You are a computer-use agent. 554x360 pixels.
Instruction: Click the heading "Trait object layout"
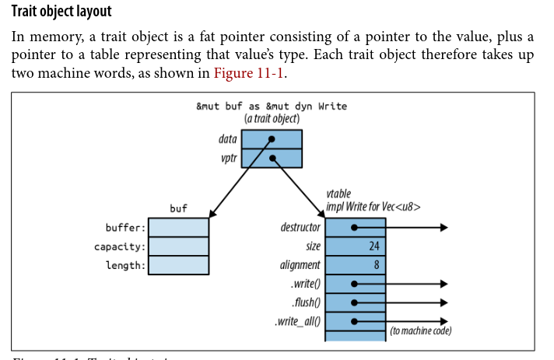point(61,12)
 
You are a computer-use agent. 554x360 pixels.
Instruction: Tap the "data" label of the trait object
point(228,139)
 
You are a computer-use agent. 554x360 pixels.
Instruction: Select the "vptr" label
point(229,158)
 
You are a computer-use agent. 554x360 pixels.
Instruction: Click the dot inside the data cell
point(272,140)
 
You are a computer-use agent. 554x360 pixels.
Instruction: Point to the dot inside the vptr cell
point(272,159)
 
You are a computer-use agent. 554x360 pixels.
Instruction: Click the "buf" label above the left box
point(178,208)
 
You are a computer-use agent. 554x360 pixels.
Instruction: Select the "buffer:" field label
point(125,228)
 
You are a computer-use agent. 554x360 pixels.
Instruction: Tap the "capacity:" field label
point(120,246)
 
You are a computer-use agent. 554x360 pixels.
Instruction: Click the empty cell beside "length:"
point(178,266)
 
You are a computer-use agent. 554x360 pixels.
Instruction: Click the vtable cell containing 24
point(355,246)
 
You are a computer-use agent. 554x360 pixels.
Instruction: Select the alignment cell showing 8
point(355,265)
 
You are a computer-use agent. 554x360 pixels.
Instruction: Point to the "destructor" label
point(300,227)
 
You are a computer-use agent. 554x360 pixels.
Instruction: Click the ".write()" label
point(304,284)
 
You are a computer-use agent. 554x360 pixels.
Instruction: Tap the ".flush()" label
point(304,302)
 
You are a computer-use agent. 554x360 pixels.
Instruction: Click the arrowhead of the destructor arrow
point(444,228)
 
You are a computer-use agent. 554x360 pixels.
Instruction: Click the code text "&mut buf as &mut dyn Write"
point(272,106)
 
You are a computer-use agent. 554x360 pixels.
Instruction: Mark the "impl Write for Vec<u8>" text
point(374,207)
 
